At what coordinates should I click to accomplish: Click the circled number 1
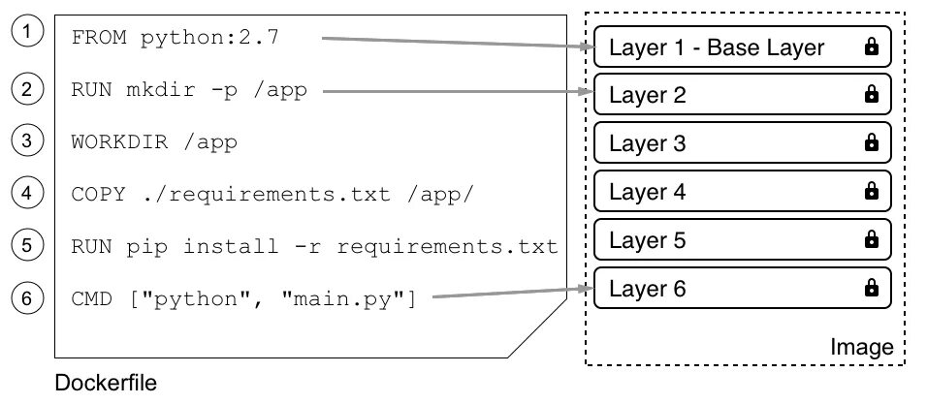pyautogui.click(x=27, y=32)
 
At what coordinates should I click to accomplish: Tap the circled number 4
pyautogui.click(x=27, y=193)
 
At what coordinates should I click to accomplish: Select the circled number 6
pyautogui.click(x=27, y=298)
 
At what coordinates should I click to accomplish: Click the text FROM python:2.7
pyautogui.click(x=175, y=38)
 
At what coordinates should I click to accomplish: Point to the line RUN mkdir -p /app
pyautogui.click(x=189, y=90)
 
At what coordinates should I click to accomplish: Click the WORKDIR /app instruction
pyautogui.click(x=154, y=141)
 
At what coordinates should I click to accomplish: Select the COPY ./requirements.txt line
pyautogui.click(x=272, y=194)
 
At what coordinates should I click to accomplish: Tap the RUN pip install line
pyautogui.click(x=314, y=246)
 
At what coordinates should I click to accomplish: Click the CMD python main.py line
pyautogui.click(x=244, y=298)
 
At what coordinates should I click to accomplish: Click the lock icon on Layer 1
pyautogui.click(x=872, y=47)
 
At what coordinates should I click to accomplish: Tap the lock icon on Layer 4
pyautogui.click(x=872, y=190)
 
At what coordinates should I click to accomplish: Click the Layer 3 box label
pyautogui.click(x=648, y=143)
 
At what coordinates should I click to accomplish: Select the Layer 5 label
pyautogui.click(x=648, y=240)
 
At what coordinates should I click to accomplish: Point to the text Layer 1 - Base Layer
pyautogui.click(x=717, y=47)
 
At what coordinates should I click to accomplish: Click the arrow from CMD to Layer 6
pyautogui.click(x=513, y=293)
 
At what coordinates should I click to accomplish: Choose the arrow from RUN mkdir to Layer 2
pyautogui.click(x=459, y=91)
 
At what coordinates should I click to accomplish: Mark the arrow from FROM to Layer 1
pyautogui.click(x=458, y=44)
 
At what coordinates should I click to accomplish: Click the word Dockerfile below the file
pyautogui.click(x=106, y=383)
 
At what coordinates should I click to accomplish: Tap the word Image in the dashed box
pyautogui.click(x=861, y=347)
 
